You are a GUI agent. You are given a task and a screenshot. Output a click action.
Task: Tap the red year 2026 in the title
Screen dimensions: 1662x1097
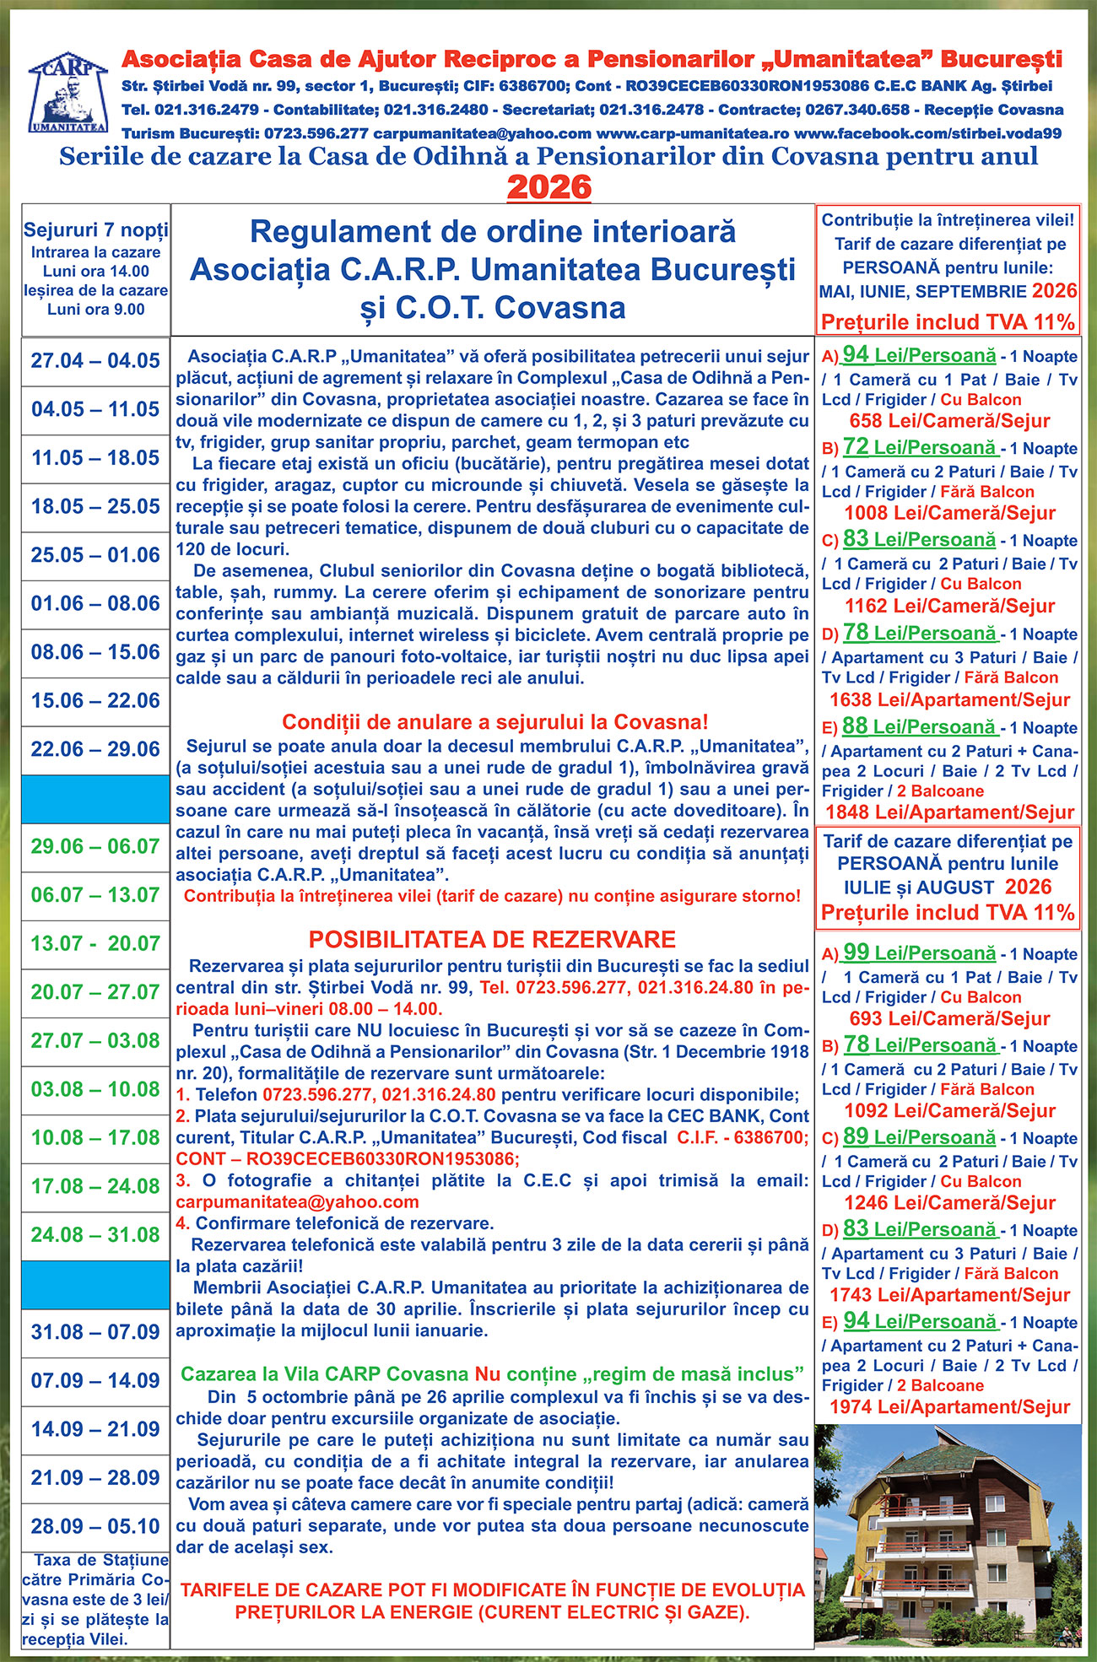[549, 186]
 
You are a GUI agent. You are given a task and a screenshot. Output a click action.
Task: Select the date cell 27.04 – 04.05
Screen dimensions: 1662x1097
[95, 361]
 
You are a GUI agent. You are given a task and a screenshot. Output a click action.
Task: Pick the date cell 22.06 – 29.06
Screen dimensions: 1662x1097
[95, 749]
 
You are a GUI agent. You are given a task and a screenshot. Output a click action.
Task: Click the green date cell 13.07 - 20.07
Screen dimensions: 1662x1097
[95, 943]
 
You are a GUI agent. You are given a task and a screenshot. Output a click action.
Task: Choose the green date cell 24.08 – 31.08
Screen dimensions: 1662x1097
[95, 1235]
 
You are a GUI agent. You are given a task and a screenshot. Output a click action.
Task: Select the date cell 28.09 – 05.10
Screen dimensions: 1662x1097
[95, 1526]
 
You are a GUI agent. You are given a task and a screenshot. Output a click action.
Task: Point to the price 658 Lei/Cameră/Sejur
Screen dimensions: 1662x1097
[949, 421]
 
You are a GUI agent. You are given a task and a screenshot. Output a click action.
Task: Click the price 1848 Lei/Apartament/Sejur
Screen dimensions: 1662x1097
[949, 812]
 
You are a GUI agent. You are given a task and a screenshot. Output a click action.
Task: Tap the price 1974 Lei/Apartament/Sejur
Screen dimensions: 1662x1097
[949, 1406]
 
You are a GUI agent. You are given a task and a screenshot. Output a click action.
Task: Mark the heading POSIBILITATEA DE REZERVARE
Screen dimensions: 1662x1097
[492, 940]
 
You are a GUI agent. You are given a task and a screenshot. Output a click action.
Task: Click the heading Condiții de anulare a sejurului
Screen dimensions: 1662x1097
[494, 722]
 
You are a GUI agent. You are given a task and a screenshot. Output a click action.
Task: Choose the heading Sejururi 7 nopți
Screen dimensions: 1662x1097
[95, 230]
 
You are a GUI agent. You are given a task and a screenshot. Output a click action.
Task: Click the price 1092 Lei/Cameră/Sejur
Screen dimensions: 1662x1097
[949, 1110]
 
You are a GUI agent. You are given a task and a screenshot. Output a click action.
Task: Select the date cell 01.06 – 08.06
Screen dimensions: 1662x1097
[95, 604]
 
